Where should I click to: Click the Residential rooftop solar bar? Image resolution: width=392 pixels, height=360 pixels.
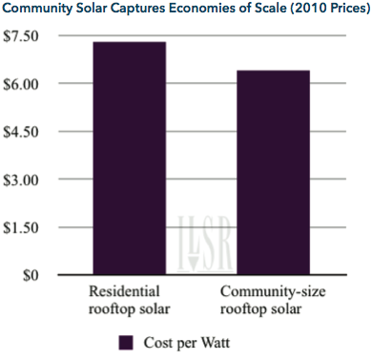point(130,159)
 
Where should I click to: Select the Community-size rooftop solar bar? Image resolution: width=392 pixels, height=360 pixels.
point(274,172)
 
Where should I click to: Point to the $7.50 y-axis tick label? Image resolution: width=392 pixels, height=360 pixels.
point(21,36)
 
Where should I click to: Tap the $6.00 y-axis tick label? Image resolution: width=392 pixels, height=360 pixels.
point(21,84)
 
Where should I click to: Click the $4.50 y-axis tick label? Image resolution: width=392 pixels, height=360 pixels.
point(21,132)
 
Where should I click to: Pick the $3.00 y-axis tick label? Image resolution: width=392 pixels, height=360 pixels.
point(21,180)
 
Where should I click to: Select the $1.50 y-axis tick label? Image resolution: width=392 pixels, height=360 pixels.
point(21,228)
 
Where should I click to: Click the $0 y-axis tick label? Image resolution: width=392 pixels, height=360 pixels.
point(31,275)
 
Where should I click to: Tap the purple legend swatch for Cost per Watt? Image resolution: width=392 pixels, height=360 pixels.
point(126,343)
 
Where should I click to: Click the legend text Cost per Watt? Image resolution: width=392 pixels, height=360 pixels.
point(187,343)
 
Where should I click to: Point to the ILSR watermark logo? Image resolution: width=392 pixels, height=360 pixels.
point(205,244)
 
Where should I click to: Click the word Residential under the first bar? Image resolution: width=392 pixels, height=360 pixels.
point(124,291)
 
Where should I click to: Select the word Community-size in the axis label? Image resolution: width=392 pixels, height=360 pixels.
point(273,292)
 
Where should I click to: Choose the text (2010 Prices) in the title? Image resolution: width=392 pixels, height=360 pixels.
point(330,8)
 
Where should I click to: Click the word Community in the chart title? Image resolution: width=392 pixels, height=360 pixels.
point(37,9)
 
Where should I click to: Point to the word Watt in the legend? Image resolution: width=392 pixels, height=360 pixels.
point(216,343)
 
